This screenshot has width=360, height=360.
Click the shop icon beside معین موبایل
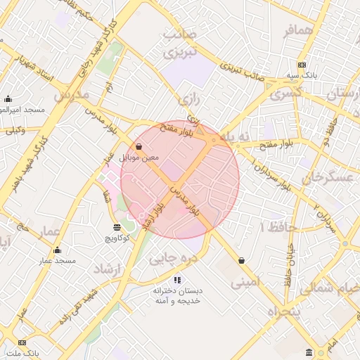pos(138,147)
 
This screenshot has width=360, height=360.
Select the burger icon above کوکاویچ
pos(117,227)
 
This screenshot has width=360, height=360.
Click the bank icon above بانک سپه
pos(302,64)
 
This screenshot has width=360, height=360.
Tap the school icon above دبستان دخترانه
pos(177,280)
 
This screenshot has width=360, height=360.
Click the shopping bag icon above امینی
pos(242,260)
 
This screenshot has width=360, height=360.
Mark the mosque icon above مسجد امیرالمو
pos(8,98)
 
